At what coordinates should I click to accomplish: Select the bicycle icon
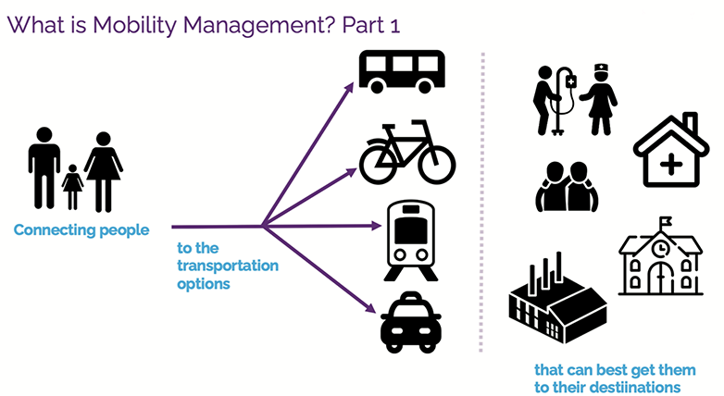click(407, 154)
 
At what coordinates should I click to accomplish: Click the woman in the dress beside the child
click(103, 171)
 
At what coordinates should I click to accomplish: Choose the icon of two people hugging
click(567, 186)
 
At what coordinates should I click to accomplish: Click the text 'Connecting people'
click(81, 230)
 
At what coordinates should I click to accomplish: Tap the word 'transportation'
click(227, 266)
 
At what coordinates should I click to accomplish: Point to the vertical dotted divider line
click(481, 204)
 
